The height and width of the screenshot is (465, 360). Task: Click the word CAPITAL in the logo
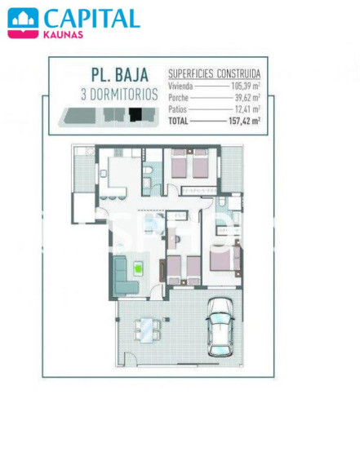pos(92,19)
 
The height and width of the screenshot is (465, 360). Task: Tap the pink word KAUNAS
pos(63,35)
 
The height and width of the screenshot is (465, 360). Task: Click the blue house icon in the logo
pos(23,19)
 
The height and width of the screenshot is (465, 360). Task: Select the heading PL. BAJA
pos(120,75)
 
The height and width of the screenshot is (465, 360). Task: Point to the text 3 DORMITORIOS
pos(119,95)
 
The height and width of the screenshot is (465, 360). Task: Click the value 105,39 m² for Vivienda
pos(246,86)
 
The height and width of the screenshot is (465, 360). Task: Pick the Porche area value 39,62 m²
pos(247,97)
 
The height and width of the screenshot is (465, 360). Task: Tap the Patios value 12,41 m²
pos(247,108)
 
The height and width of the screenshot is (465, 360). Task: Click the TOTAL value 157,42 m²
pos(245,121)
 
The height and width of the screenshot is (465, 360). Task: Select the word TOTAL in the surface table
pos(178,121)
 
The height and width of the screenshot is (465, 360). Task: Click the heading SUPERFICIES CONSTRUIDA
pos(214,73)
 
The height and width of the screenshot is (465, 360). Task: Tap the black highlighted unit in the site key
pos(136,114)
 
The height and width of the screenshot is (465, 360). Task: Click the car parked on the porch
pos(220,326)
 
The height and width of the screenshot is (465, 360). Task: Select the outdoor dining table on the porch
pos(146,330)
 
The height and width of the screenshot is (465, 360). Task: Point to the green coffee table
pos(138,268)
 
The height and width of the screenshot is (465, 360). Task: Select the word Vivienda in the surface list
pos(180,86)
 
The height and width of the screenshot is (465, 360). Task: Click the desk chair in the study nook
pos(177,239)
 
